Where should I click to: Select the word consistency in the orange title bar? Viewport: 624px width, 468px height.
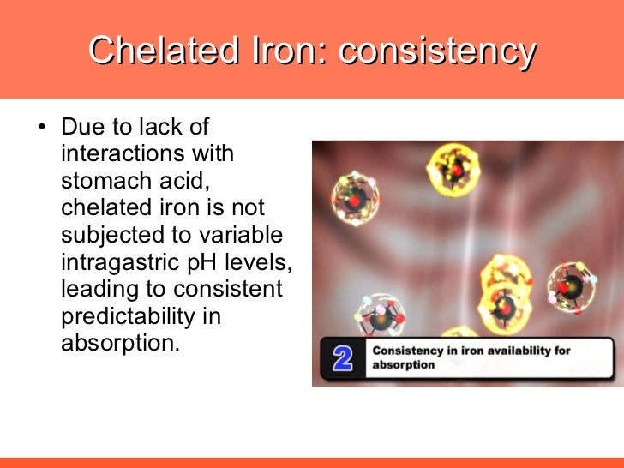(x=438, y=51)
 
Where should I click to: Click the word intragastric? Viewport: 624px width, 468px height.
(x=118, y=262)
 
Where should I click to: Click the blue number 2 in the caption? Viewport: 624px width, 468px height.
(x=343, y=358)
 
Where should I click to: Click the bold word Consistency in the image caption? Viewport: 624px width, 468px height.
(x=409, y=351)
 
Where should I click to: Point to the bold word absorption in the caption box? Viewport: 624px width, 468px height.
(x=403, y=365)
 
